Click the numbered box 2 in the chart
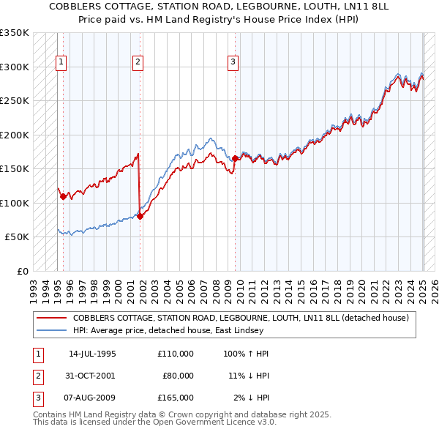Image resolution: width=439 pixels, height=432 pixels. [x=138, y=63]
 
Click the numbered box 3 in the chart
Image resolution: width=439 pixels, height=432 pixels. [x=233, y=63]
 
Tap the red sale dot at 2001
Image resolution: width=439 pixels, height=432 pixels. [x=140, y=215]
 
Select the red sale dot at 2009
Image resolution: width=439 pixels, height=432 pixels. [x=235, y=158]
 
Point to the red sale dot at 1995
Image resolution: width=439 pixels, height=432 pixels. [x=64, y=195]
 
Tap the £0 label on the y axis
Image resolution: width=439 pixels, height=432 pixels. [x=22, y=271]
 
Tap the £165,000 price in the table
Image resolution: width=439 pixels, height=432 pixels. [x=175, y=398]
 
